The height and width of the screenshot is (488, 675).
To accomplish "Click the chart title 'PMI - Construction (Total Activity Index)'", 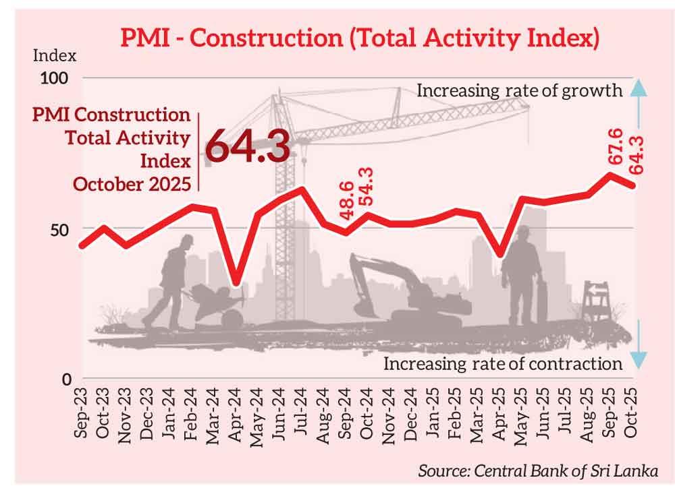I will coord(359,38).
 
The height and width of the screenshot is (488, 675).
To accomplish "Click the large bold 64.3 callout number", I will coord(247,147).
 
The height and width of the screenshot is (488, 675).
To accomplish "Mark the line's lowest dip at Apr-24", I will coord(236,282).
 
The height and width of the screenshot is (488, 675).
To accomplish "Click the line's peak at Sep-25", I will coord(611,175).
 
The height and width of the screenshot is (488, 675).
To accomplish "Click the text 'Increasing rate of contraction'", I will coord(502,365).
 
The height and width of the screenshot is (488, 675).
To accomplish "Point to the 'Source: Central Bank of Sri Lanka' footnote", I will coord(537,469).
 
